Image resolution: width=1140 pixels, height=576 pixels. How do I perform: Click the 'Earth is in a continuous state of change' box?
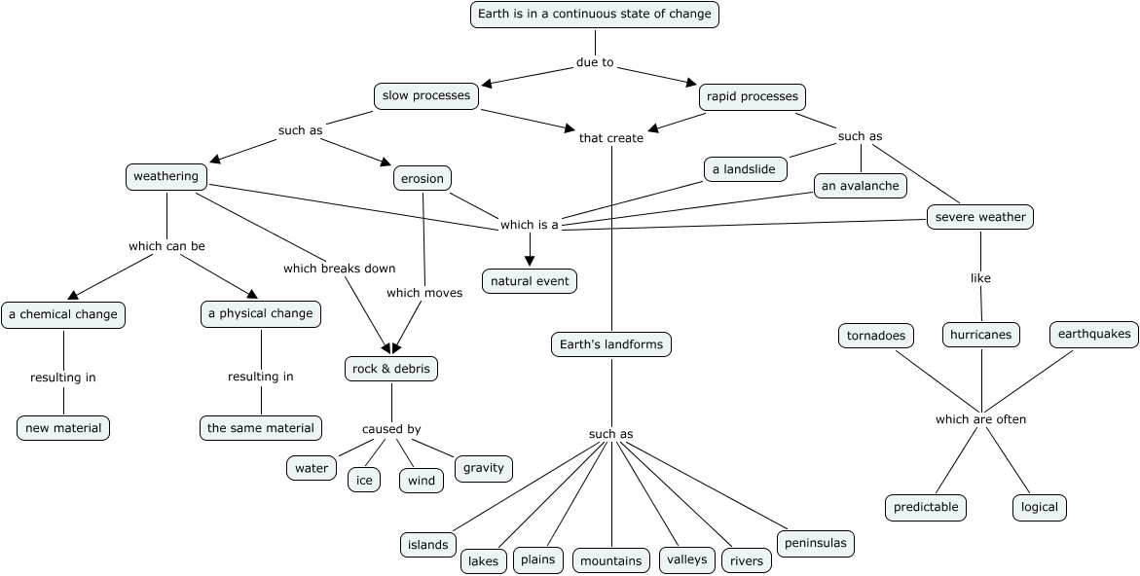(595, 15)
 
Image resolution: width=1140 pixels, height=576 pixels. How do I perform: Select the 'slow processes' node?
(426, 95)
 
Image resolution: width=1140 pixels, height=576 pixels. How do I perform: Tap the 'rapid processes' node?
(752, 96)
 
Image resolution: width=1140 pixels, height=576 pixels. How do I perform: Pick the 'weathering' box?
(166, 176)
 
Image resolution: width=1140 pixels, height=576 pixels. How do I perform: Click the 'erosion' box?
(423, 179)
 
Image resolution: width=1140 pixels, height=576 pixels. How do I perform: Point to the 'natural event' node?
(530, 281)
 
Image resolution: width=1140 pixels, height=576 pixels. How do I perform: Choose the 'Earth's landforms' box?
(611, 343)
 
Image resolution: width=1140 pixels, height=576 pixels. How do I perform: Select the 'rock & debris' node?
(391, 369)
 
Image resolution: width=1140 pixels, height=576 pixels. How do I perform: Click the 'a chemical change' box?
(63, 314)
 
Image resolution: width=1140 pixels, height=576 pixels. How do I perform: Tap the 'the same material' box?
(261, 427)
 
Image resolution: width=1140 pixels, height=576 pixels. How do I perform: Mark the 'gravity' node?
(484, 468)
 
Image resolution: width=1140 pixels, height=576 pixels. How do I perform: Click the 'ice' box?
(364, 480)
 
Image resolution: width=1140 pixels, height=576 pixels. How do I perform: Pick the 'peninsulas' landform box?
(815, 543)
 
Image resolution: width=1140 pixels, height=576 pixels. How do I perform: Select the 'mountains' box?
(610, 560)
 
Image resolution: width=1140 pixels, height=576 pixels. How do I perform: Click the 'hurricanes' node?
(981, 335)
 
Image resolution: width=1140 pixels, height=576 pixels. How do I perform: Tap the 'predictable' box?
(927, 507)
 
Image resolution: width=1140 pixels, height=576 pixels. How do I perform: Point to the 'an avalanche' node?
(861, 185)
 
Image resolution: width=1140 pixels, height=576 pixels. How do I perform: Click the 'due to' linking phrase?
(595, 62)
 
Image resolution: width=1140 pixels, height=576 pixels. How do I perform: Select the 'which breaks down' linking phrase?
(339, 269)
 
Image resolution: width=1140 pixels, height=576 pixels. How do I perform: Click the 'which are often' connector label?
(980, 419)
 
